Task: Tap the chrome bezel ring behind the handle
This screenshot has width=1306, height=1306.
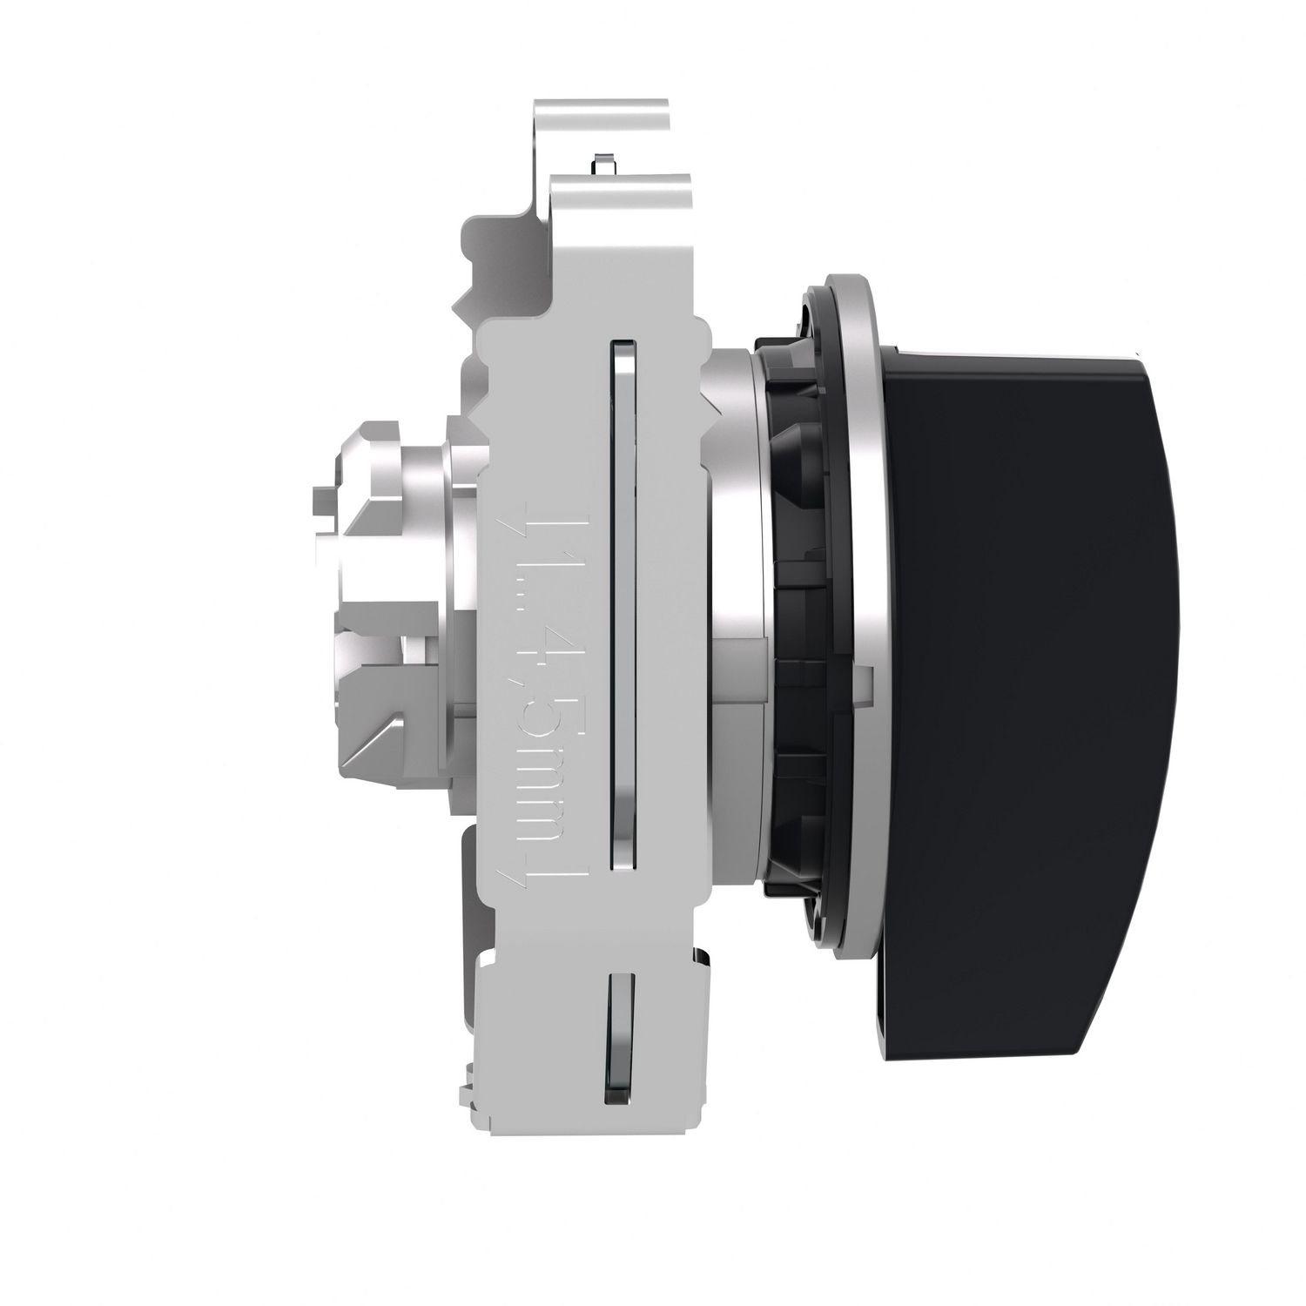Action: pos(858,609)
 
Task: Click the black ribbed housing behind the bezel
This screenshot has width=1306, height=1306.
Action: pos(797,697)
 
